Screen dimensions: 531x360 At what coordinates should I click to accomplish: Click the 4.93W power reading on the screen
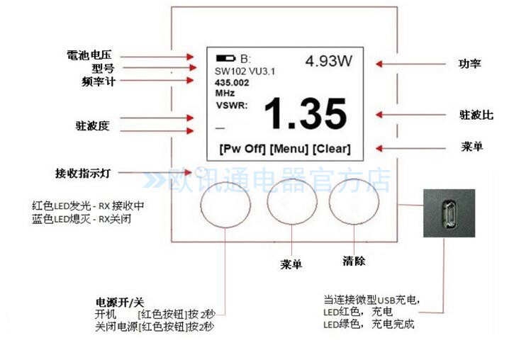[328, 61]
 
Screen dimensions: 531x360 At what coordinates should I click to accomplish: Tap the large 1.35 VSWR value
[306, 114]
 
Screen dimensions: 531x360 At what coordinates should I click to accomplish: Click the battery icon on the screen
[226, 58]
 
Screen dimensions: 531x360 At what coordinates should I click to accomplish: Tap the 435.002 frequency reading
[233, 82]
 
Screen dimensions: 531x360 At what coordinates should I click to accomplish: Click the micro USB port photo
[449, 212]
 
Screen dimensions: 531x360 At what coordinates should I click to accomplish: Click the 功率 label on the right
[469, 64]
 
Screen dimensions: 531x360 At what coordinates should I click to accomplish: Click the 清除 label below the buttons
[353, 261]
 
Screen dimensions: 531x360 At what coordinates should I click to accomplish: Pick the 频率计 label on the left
[98, 81]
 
